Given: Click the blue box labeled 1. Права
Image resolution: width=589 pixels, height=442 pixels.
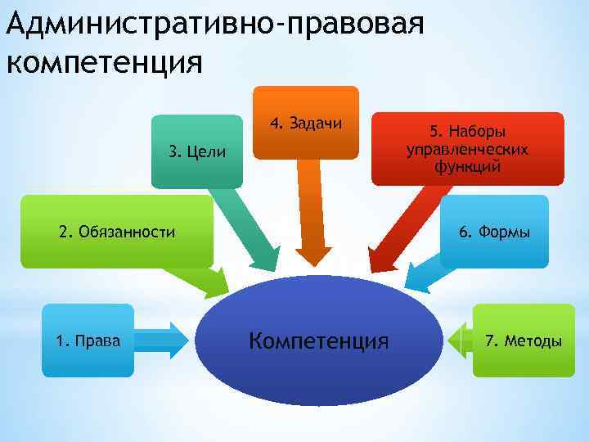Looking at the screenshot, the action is point(88,340).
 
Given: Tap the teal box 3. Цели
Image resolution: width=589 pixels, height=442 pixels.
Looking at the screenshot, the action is point(196,152).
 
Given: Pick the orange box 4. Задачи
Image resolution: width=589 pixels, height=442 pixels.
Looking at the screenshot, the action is point(305,123).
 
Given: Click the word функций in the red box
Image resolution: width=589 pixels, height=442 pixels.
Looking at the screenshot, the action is point(467,167).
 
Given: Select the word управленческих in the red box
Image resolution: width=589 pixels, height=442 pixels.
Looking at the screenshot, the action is point(467,149).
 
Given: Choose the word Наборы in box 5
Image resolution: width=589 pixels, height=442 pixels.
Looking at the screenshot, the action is point(478,132).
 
